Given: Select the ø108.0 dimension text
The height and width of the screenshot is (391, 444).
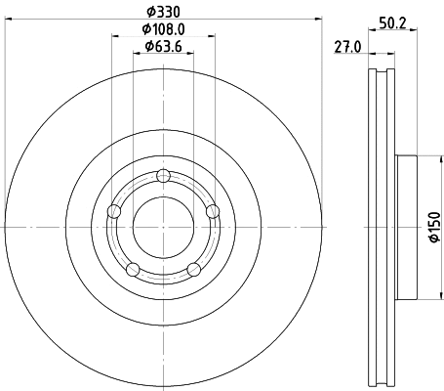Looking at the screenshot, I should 163,28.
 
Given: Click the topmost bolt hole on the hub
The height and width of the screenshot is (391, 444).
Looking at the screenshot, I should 163,176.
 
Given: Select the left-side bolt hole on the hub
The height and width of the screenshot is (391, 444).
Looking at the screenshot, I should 115,211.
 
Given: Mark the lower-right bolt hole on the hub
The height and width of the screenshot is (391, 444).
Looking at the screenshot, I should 193,269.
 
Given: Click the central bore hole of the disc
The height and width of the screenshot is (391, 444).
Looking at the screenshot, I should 163,227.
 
